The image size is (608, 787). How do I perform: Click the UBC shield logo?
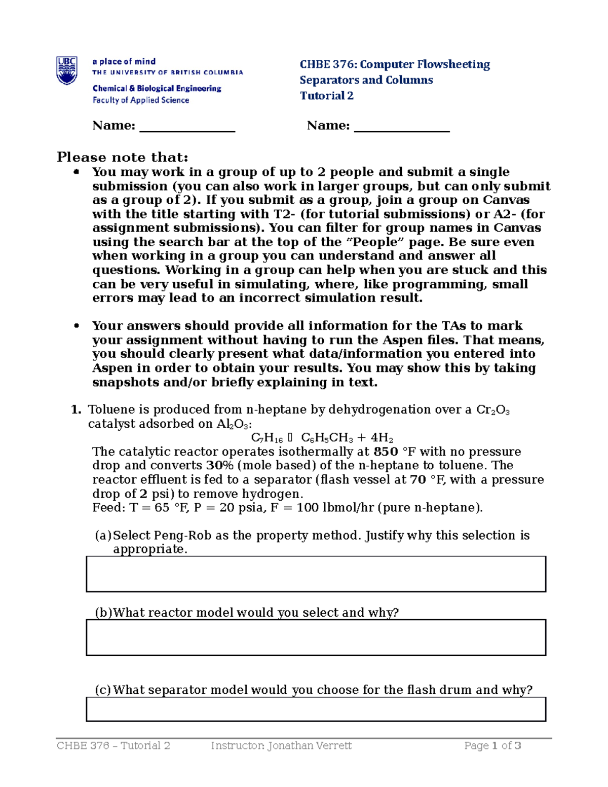tap(67, 71)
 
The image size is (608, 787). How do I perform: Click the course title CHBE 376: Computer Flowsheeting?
tap(395, 64)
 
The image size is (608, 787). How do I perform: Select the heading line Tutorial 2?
tap(326, 96)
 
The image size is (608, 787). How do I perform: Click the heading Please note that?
tap(122, 157)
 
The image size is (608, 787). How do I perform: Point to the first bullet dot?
tap(77, 172)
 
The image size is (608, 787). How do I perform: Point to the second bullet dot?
tap(77, 326)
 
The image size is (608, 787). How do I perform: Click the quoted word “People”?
tap(372, 242)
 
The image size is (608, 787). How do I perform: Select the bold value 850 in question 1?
tap(386, 452)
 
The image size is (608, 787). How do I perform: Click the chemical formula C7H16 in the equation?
tap(267, 438)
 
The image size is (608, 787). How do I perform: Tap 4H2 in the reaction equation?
tap(382, 438)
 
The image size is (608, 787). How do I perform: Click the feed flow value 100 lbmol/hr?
tap(341, 507)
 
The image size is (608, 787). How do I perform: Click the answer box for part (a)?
tap(316, 574)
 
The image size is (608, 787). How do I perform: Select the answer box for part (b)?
tap(316, 637)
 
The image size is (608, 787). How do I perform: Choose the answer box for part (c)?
tap(316, 708)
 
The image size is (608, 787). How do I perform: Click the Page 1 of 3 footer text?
tap(492, 745)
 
